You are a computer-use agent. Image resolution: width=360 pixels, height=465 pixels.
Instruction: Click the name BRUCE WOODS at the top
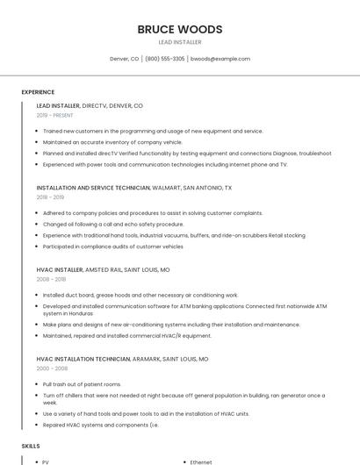click(179, 29)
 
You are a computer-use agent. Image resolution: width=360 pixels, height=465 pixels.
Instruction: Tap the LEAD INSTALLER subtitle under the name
click(179, 42)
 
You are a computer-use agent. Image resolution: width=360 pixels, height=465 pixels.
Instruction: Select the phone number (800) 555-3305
click(165, 59)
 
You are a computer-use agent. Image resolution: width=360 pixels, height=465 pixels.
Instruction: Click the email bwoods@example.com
click(220, 59)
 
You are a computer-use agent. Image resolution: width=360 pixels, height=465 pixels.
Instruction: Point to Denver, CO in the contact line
click(124, 59)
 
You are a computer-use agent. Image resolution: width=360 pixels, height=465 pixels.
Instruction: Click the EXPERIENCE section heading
click(38, 92)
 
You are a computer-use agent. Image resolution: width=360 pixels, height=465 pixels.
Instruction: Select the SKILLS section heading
click(31, 446)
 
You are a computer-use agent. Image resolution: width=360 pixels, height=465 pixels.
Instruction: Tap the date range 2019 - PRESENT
click(55, 115)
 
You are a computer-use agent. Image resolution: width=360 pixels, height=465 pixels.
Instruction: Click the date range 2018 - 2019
click(50, 197)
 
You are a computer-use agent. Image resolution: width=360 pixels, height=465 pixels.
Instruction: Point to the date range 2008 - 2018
click(50, 279)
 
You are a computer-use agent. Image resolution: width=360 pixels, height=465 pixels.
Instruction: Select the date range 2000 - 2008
click(50, 368)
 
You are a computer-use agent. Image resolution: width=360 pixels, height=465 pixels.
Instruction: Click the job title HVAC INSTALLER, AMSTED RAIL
click(103, 270)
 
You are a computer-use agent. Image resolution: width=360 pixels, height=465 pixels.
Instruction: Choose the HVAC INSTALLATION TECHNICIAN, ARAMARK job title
click(122, 359)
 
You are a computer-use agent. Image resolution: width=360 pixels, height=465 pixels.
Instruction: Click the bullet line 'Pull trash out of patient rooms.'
click(82, 384)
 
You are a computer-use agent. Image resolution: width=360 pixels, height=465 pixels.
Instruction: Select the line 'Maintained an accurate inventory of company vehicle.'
click(112, 142)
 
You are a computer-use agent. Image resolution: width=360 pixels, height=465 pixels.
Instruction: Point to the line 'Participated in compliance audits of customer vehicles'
click(112, 247)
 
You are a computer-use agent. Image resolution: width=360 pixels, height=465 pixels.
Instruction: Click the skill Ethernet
click(201, 461)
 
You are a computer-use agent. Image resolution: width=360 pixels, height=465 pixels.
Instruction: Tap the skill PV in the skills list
click(46, 461)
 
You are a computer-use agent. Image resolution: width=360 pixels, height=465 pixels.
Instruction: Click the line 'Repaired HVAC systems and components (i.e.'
click(101, 425)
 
